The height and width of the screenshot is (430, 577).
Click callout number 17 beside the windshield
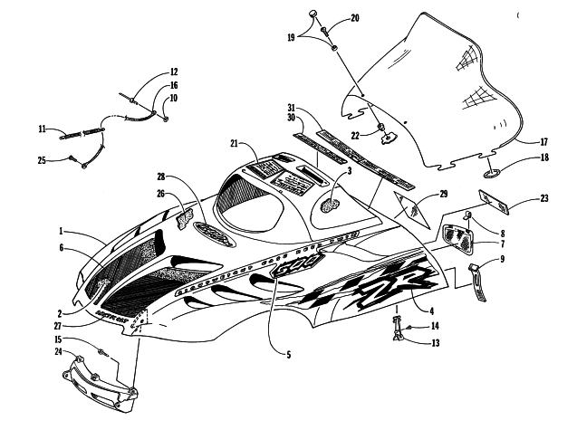pyautogui.click(x=543, y=142)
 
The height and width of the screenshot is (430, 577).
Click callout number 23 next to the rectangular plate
pyautogui.click(x=543, y=198)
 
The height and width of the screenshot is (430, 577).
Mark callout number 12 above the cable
pyautogui.click(x=173, y=72)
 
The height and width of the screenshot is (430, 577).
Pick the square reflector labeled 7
pyautogui.click(x=464, y=237)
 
